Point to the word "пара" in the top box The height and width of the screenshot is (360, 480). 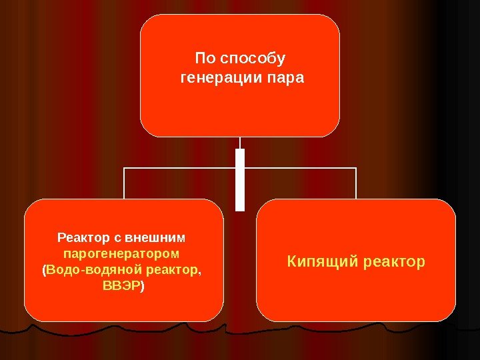pyautogui.click(x=285, y=79)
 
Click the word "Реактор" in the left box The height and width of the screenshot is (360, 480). pyautogui.click(x=81, y=237)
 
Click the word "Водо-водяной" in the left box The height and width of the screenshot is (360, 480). pyautogui.click(x=89, y=270)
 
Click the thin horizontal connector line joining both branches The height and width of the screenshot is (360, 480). pyautogui.click(x=180, y=168)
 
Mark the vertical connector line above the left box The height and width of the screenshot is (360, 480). pyautogui.click(x=124, y=183)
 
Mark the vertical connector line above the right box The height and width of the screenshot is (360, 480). pyautogui.click(x=356, y=183)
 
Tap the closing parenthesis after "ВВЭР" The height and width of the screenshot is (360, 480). pyautogui.click(x=143, y=286)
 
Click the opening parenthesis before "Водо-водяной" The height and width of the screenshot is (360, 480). pyautogui.click(x=44, y=270)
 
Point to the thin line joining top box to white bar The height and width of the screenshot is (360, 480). pyautogui.click(x=240, y=143)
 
